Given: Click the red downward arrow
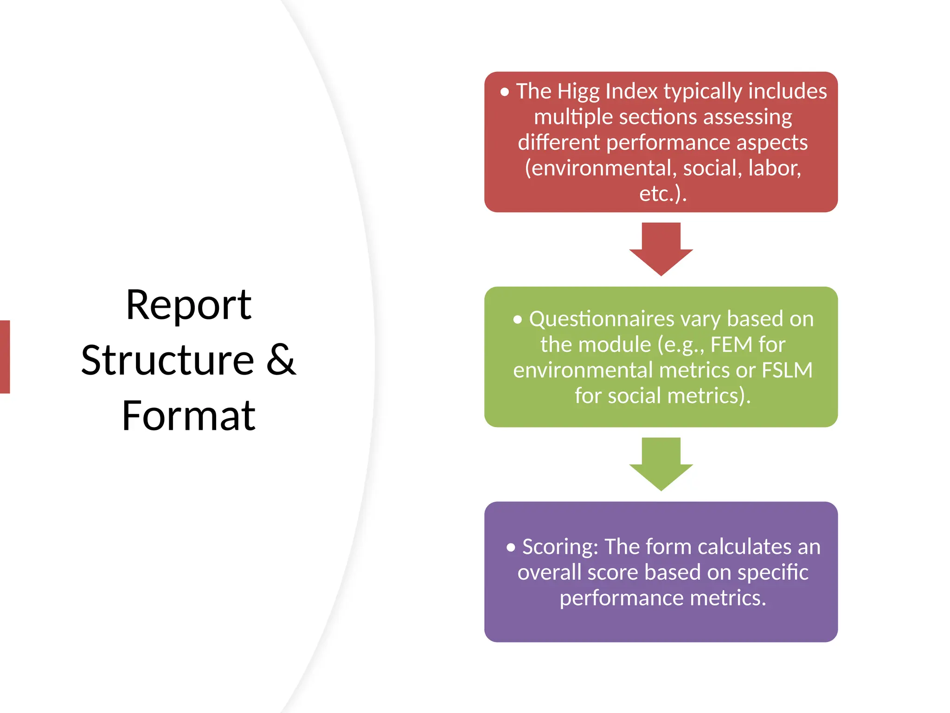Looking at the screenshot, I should pos(661,248).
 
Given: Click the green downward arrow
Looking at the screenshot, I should pos(661,463).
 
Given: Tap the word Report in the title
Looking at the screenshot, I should pos(188,305).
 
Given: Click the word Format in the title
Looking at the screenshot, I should pos(188,415).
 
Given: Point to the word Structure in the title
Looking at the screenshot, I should pos(167,361).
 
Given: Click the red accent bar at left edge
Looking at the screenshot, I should pos(5,356).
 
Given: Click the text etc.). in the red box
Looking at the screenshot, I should pos(662,194).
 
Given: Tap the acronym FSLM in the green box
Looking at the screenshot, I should pos(787,370).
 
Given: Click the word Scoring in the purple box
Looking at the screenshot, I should pos(560,547).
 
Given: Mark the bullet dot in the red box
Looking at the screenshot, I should pos(505,92).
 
